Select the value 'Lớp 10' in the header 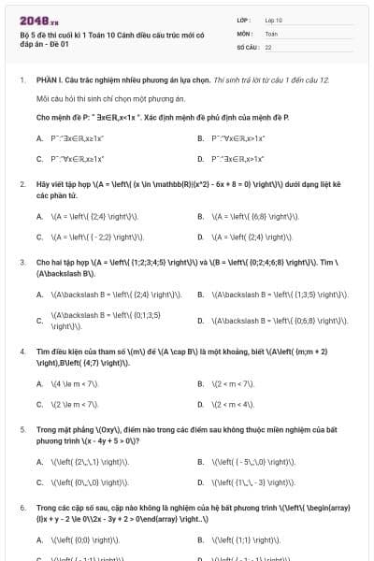tap(274, 19)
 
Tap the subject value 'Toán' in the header tap(271, 33)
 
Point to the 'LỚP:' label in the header tap(244, 19)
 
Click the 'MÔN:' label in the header tap(245, 33)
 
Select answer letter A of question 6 tap(39, 539)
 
